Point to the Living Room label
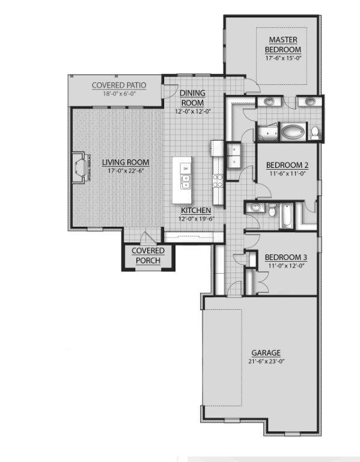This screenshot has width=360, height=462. [125, 162]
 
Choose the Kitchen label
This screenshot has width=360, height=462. [196, 211]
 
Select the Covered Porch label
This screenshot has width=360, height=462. [147, 255]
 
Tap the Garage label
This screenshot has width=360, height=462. [266, 353]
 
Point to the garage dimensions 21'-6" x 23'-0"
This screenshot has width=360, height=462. [265, 362]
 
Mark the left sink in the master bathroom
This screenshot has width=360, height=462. [269, 100]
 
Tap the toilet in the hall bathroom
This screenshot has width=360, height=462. [272, 211]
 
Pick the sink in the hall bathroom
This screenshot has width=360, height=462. [256, 208]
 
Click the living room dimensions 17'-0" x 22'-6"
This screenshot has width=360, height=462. [125, 171]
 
